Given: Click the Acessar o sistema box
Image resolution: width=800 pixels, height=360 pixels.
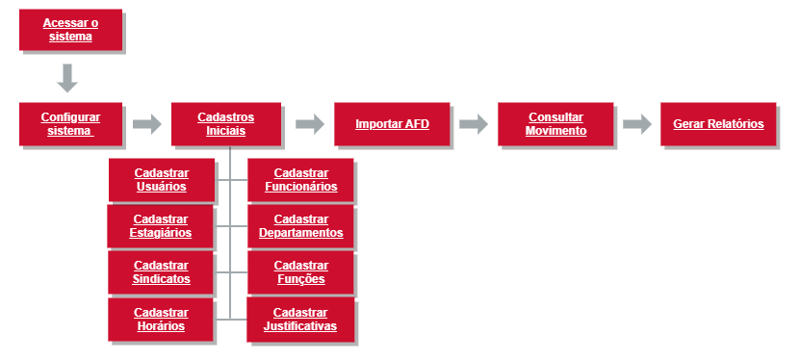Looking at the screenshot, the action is [x=71, y=30].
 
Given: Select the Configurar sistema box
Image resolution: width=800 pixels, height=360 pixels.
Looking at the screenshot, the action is [x=71, y=124].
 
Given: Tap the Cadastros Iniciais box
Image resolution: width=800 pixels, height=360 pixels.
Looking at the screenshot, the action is [x=226, y=124].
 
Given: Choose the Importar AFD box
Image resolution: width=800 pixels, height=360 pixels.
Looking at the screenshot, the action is [x=393, y=124].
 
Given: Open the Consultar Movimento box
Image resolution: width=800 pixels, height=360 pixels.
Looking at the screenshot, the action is [x=555, y=124].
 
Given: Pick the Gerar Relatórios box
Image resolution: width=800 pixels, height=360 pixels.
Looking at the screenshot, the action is [x=718, y=124].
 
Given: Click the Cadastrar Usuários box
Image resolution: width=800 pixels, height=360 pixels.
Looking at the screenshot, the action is [x=162, y=180].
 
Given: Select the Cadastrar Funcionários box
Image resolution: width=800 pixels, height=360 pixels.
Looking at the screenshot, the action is [x=300, y=180].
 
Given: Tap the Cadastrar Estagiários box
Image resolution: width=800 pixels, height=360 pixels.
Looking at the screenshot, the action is [x=160, y=226].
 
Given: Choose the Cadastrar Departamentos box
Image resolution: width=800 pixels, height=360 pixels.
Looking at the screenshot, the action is [x=300, y=226].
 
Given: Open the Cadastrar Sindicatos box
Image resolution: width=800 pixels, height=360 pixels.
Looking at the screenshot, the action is [x=161, y=272].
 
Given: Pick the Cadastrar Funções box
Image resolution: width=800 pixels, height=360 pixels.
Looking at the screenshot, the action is [x=300, y=272].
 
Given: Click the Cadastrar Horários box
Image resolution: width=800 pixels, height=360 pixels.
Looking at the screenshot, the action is [x=161, y=320].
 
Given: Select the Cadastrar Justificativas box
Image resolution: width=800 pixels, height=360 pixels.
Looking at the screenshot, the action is [x=300, y=320].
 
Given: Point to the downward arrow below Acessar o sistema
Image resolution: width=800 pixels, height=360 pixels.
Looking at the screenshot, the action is [x=66, y=78].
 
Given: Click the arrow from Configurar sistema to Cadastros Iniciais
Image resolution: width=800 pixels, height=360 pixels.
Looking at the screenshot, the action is [x=147, y=124].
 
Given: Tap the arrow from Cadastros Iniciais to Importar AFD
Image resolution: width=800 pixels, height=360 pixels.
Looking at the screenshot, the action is [x=310, y=124].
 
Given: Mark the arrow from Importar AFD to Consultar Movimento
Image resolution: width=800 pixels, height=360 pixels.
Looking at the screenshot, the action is [x=474, y=124].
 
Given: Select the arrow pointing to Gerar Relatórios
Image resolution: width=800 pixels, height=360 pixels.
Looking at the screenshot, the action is [x=637, y=124].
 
